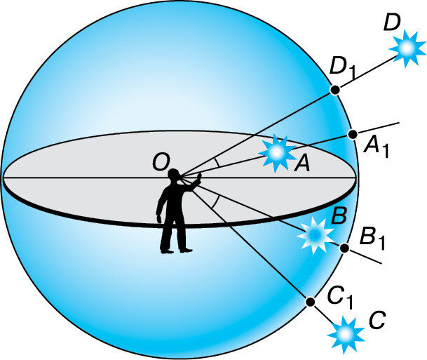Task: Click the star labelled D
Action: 406,49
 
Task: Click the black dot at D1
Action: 335,89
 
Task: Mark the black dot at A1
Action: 353,133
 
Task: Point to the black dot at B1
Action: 344,248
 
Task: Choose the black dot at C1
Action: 310,301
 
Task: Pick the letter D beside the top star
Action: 393,24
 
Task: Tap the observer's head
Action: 175,175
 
